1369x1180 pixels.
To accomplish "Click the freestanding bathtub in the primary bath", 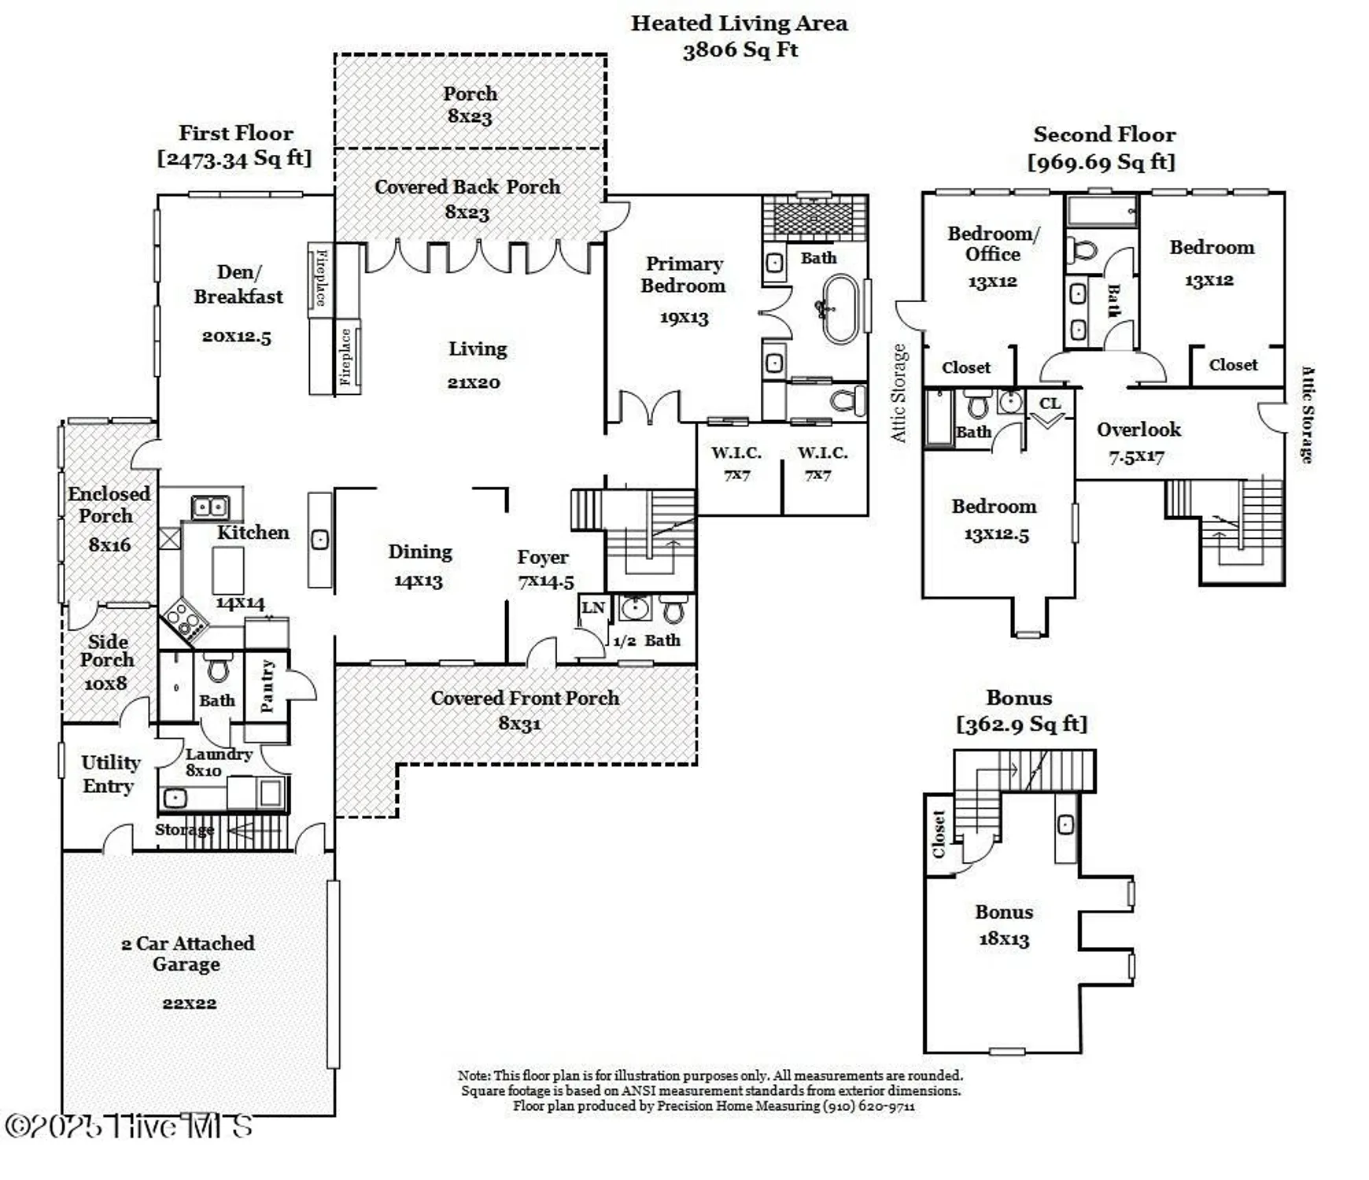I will [839, 308].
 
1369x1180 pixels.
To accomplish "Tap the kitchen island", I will [228, 570].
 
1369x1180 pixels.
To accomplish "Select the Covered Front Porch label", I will [525, 698].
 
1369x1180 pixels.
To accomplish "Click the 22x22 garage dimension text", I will [190, 1003].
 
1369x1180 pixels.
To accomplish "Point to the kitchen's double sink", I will [210, 507].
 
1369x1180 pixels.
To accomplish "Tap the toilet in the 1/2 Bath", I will [673, 609].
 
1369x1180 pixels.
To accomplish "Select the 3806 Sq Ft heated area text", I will [740, 50].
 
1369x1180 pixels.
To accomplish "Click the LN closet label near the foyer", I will [592, 607].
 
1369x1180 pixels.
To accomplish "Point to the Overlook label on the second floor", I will [1138, 430].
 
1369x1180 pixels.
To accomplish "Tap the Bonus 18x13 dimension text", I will [1004, 939].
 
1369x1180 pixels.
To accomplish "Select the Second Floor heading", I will [1104, 135].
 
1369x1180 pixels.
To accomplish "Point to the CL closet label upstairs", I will [1050, 404].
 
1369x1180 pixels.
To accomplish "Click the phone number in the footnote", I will [869, 1106].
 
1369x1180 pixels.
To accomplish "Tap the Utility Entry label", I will [110, 774].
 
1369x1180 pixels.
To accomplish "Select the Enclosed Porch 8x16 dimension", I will [109, 544].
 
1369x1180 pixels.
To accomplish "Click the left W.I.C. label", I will [736, 452].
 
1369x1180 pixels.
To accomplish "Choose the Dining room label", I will [420, 551].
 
